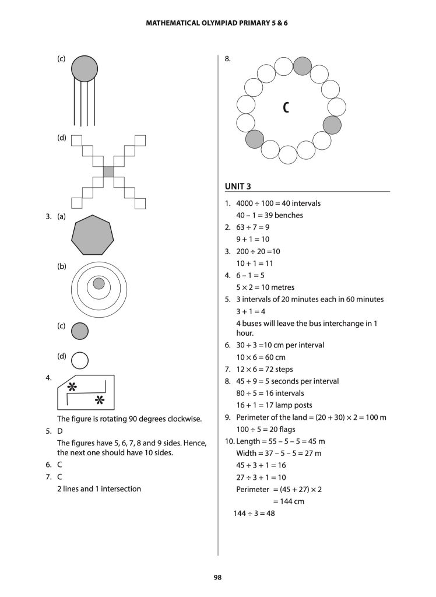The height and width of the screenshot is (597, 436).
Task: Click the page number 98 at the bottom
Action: (x=218, y=577)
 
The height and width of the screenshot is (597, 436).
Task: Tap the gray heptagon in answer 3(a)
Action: (x=92, y=235)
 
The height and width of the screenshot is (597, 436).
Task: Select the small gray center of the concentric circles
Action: (x=99, y=283)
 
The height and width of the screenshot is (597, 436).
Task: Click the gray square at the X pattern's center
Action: (x=108, y=171)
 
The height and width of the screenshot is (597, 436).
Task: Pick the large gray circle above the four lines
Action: (x=85, y=68)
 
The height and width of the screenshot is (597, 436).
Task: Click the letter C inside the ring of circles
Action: (x=286, y=108)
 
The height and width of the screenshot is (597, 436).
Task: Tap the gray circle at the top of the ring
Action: (x=302, y=66)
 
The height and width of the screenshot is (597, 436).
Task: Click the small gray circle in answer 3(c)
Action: (x=80, y=331)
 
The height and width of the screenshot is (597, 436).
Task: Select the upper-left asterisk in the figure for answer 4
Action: (x=72, y=387)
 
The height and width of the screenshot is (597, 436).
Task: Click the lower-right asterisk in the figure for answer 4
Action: (x=99, y=400)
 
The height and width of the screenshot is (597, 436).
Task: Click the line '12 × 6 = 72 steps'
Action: (x=264, y=369)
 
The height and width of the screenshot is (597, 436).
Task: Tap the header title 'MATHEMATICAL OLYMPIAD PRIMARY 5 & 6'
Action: (x=218, y=24)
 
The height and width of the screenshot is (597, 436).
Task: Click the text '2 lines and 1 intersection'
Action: (x=99, y=489)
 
